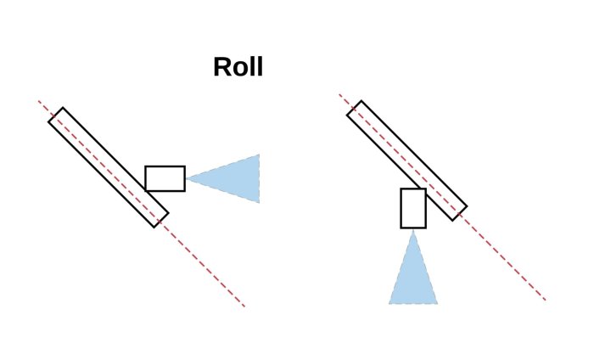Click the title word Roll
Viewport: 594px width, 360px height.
[238, 67]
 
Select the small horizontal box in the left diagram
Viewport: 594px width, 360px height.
[165, 178]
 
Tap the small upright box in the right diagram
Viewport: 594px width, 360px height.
[413, 208]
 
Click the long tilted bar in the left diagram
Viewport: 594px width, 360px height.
[108, 167]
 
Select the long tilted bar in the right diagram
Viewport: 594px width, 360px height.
[406, 160]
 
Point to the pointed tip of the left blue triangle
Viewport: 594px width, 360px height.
[188, 178]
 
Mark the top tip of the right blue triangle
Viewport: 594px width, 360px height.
[413, 231]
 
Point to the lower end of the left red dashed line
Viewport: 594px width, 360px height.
[244, 306]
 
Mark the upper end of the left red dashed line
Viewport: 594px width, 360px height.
[39, 101]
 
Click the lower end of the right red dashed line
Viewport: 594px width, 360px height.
[545, 300]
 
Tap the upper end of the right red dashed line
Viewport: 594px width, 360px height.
[339, 94]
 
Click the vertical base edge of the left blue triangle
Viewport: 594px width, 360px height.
[259, 178]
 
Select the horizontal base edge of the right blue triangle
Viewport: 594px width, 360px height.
[413, 303]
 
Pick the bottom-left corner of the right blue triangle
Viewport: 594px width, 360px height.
[389, 303]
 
